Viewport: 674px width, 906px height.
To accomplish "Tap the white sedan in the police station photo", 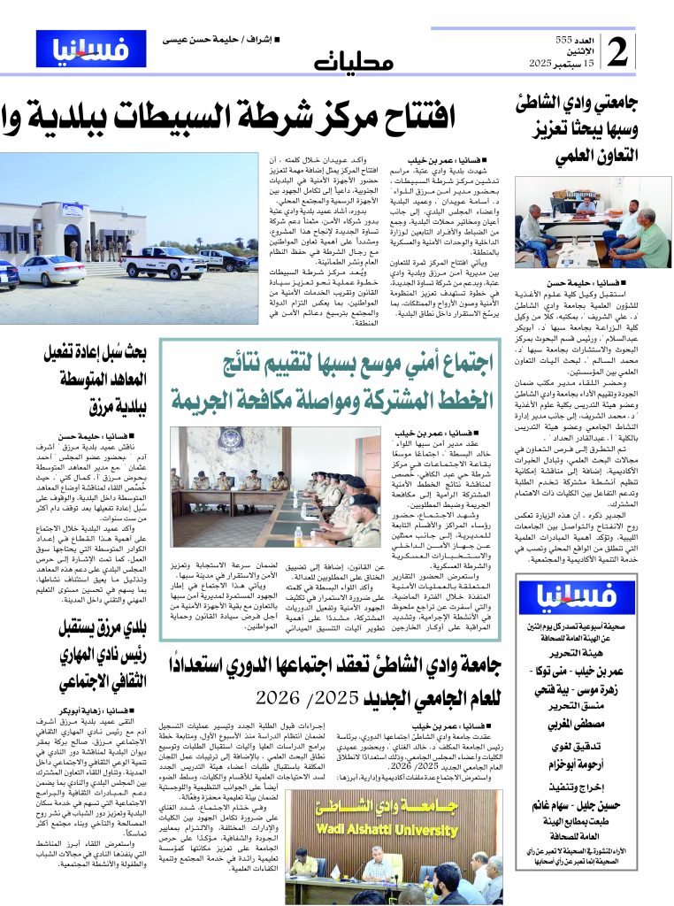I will point(51,271).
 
